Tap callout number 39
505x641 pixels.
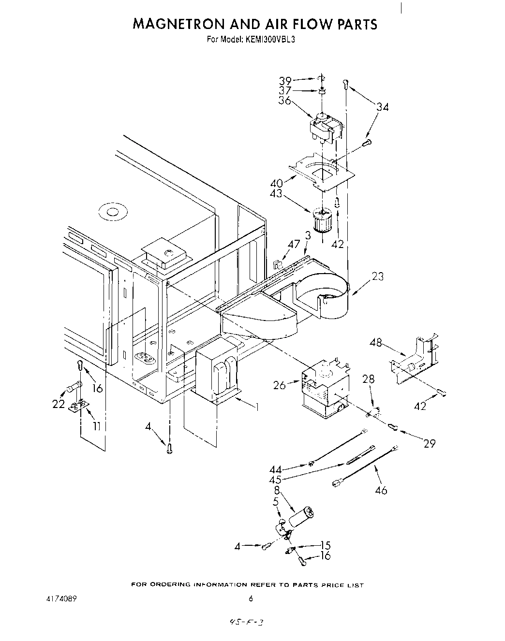coord(285,81)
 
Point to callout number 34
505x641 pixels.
coord(383,107)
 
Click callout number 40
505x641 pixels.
coord(277,184)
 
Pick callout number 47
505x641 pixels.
coord(294,244)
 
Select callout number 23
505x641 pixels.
coord(377,276)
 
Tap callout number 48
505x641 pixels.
coord(376,343)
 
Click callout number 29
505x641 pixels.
coord(430,443)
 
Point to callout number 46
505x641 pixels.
coord(381,490)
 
